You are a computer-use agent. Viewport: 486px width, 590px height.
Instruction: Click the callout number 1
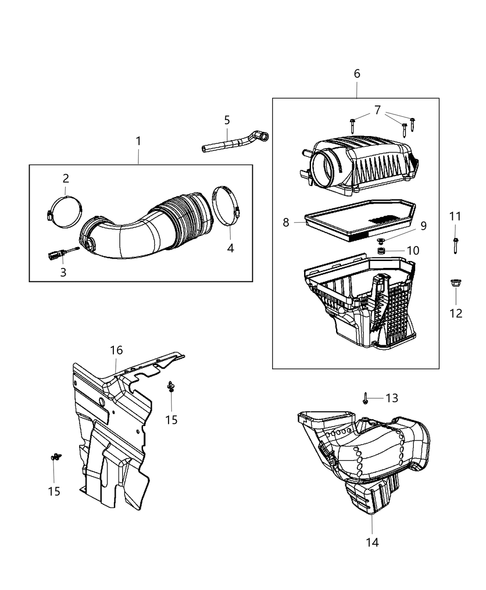tap(138, 141)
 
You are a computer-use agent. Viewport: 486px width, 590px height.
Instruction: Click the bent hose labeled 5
tap(231, 142)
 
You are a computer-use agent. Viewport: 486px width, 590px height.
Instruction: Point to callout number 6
tap(357, 74)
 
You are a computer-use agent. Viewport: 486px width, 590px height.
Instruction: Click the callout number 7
tap(377, 110)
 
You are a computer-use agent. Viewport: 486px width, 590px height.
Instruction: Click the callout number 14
tap(372, 542)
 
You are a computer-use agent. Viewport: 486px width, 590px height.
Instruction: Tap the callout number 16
tap(116, 350)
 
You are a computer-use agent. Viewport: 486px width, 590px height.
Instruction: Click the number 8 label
tap(286, 223)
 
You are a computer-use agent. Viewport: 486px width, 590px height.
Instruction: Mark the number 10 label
tap(413, 250)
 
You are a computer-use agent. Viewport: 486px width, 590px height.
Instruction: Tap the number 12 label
tap(456, 313)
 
